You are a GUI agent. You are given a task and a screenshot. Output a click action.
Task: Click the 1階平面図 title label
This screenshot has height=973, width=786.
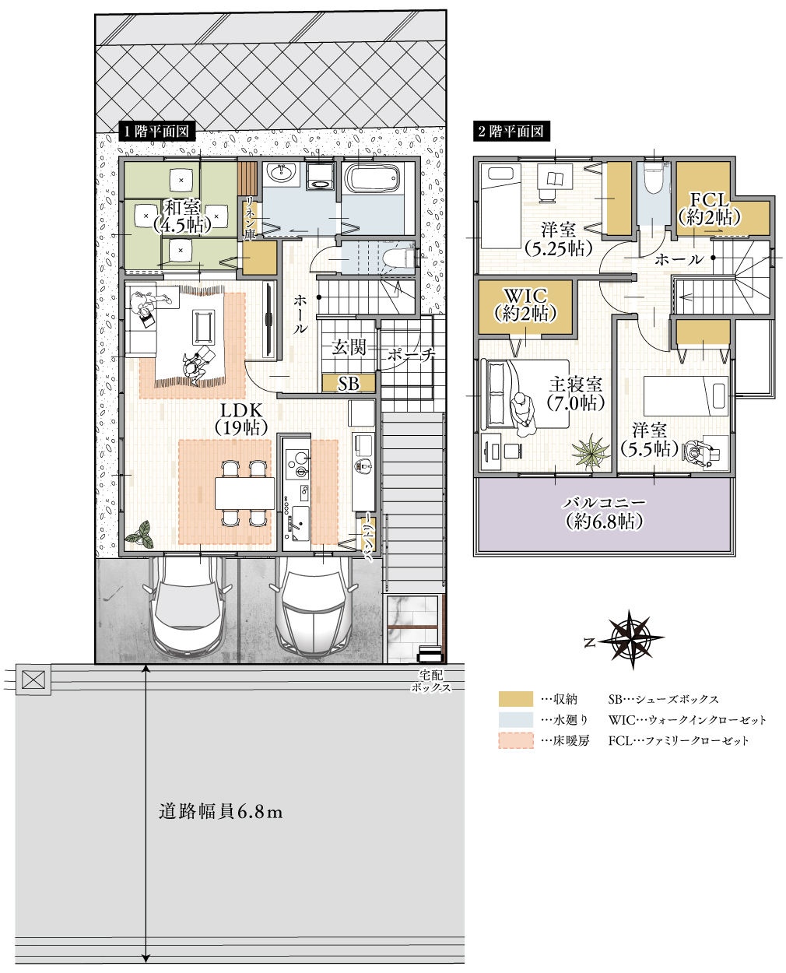[156, 131]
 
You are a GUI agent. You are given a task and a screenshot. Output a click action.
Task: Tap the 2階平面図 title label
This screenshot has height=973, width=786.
[512, 131]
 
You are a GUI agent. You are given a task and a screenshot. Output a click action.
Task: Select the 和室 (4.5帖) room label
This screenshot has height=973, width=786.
[182, 216]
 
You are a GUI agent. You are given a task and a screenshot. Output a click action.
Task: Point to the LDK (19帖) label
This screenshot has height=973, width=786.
[241, 419]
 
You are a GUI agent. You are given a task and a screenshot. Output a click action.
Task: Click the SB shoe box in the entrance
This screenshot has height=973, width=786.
[349, 384]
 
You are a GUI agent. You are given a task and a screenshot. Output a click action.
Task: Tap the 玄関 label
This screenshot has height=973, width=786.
[349, 347]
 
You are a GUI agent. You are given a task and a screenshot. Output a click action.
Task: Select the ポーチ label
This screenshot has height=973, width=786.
[411, 354]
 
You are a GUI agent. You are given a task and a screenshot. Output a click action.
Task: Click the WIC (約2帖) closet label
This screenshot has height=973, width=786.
[525, 304]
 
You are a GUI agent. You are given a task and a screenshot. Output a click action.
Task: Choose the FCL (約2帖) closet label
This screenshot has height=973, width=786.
[709, 209]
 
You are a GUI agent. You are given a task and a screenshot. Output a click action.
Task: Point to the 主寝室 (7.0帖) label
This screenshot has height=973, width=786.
[575, 394]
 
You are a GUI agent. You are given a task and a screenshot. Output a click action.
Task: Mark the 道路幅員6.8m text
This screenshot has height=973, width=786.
[220, 812]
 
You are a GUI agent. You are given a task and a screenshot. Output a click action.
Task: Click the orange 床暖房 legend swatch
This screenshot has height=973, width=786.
[515, 740]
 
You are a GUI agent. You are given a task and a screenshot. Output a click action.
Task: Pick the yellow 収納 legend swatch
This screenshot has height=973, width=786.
[515, 699]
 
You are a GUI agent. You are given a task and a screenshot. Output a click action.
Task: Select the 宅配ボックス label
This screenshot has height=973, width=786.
[430, 682]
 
